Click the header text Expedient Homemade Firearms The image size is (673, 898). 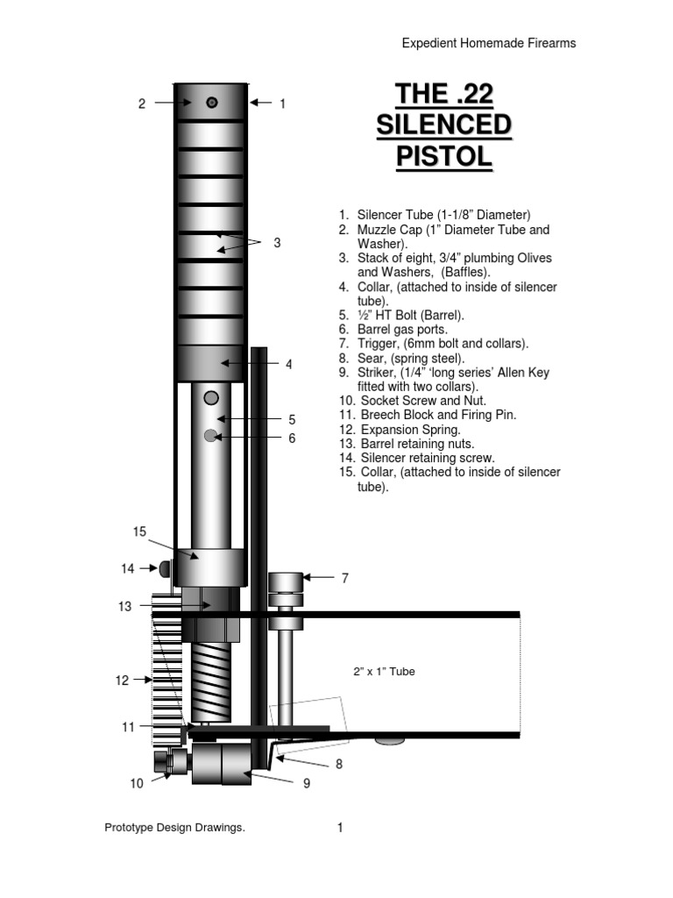pos(488,43)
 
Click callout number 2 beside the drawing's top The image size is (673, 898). pos(141,103)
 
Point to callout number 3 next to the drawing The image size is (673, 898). pos(277,242)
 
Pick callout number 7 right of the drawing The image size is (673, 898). pos(345,578)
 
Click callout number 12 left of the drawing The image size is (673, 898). pos(122,680)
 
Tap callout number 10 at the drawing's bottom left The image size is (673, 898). pos(137,784)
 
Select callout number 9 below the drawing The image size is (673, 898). pos(307,784)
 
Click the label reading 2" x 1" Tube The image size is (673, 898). pos(383,672)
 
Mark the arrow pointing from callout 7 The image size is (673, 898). pos(318,578)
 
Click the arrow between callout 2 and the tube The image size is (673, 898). pos(172,103)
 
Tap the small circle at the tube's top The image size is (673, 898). pos(212,103)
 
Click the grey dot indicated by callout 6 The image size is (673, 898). pos(210,436)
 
